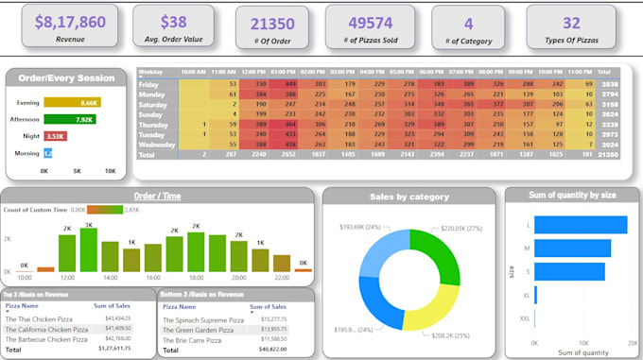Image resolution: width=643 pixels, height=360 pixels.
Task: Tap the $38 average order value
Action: [173, 21]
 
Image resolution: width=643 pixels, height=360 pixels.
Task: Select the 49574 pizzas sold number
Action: [371, 24]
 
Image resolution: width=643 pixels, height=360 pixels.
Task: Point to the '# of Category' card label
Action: [469, 42]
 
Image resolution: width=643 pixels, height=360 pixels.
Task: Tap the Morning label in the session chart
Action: [26, 152]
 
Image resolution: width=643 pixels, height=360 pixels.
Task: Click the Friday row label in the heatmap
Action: [151, 84]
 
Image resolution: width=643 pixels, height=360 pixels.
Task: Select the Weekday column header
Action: [151, 72]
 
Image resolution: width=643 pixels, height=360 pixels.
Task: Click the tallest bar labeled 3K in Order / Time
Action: [89, 249]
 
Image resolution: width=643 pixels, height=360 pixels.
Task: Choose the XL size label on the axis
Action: [525, 296]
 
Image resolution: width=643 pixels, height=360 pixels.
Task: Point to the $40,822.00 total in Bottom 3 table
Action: [272, 349]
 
